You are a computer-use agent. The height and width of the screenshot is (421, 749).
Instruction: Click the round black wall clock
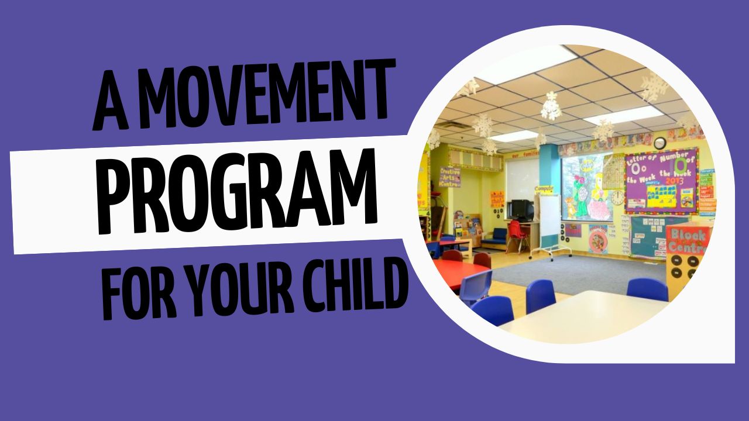coord(659,143)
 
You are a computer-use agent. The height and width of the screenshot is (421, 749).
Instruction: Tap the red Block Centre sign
coord(688,240)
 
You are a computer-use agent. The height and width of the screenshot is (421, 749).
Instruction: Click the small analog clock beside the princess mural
coord(617,198)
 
